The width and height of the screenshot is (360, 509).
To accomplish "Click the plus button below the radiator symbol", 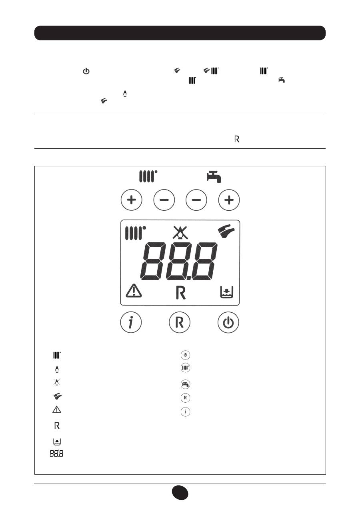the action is pos(131,200).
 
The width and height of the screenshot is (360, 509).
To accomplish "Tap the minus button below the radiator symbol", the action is pos(164,200).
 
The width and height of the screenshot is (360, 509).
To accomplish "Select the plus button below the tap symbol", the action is pos(229,200).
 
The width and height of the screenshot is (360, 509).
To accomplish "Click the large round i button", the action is pos(131,322).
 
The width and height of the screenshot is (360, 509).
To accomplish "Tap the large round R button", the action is pos(180,322).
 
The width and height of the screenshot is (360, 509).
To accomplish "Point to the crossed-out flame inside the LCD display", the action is pos(180,233).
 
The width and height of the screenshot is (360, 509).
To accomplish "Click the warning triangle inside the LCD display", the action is pos(134,291).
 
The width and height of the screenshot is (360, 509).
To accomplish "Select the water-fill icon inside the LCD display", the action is pos(226,292).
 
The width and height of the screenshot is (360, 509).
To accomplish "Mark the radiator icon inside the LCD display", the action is pos(136,233).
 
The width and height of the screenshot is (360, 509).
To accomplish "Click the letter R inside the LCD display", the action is pos(181,293).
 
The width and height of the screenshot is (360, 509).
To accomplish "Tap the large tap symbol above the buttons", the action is pos(214,177).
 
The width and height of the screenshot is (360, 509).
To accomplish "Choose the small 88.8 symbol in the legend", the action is pos(56,453).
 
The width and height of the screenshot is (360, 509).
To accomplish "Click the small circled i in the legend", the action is pos(185,411).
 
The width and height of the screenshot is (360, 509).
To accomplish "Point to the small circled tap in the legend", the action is pos(185,384).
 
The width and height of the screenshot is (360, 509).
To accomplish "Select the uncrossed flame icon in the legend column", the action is pos(57,369).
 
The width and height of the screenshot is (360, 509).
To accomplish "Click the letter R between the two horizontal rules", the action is pos(236,139).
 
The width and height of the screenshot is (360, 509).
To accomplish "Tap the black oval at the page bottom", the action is pos(180,493).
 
